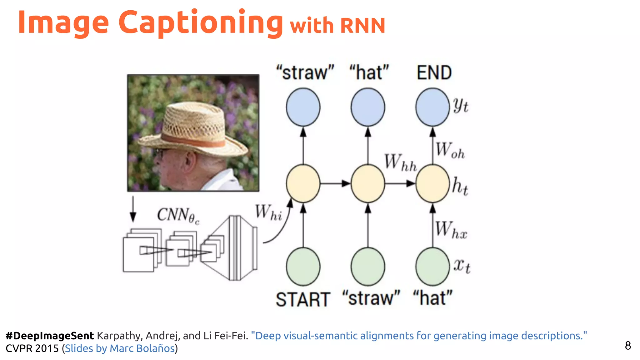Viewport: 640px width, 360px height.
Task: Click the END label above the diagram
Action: tap(434, 72)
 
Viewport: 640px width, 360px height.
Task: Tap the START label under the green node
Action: tap(303, 299)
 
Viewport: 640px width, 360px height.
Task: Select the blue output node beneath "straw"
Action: tap(303, 107)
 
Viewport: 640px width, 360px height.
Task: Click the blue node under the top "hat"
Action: tap(368, 107)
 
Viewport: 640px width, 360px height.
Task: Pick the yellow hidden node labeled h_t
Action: tap(432, 184)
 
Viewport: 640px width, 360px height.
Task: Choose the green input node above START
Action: tap(303, 267)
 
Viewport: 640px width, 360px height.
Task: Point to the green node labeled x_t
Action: tap(432, 267)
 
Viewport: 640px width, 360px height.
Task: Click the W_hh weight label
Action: tap(400, 162)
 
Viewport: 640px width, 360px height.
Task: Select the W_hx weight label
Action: tap(451, 230)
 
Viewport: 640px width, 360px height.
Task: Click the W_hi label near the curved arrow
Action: tap(268, 212)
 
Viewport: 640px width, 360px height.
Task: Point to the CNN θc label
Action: tap(177, 215)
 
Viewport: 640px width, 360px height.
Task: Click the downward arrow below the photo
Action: tap(133, 209)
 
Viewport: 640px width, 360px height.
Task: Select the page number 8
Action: tap(627, 346)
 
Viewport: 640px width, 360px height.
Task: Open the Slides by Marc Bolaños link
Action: tap(120, 348)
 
